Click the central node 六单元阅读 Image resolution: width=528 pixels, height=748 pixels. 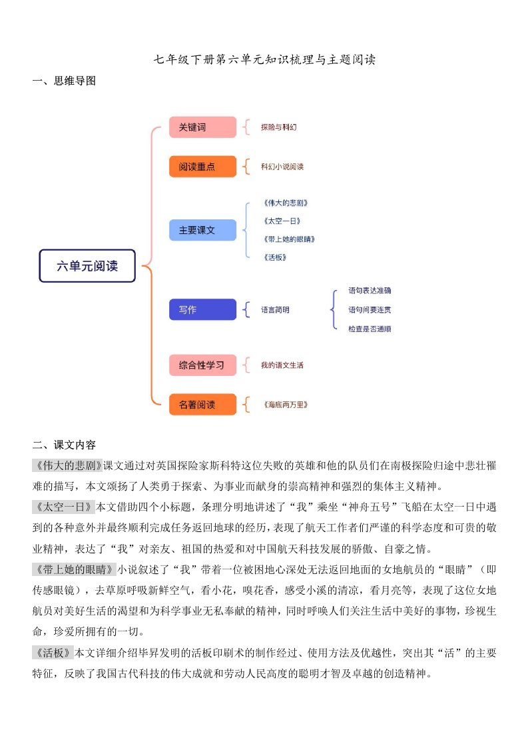point(87,267)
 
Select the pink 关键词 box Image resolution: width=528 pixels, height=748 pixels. point(202,127)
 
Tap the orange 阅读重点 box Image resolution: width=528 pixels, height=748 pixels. point(202,167)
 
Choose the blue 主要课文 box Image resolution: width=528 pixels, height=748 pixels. point(202,230)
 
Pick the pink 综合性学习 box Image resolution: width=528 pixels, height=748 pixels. point(202,365)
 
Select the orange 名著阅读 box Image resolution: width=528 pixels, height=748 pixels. point(202,404)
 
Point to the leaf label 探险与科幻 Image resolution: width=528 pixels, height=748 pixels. point(278,127)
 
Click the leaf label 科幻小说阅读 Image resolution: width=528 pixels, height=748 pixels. point(282,167)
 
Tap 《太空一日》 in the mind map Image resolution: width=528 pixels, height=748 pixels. point(277,221)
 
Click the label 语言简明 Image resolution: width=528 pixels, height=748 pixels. point(275,310)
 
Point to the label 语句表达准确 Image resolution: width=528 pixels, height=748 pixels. point(370,291)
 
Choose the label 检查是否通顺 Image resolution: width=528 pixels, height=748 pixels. point(370,329)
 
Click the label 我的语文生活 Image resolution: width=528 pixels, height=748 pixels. point(282,365)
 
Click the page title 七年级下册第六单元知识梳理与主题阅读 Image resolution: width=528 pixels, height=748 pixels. point(264,59)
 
